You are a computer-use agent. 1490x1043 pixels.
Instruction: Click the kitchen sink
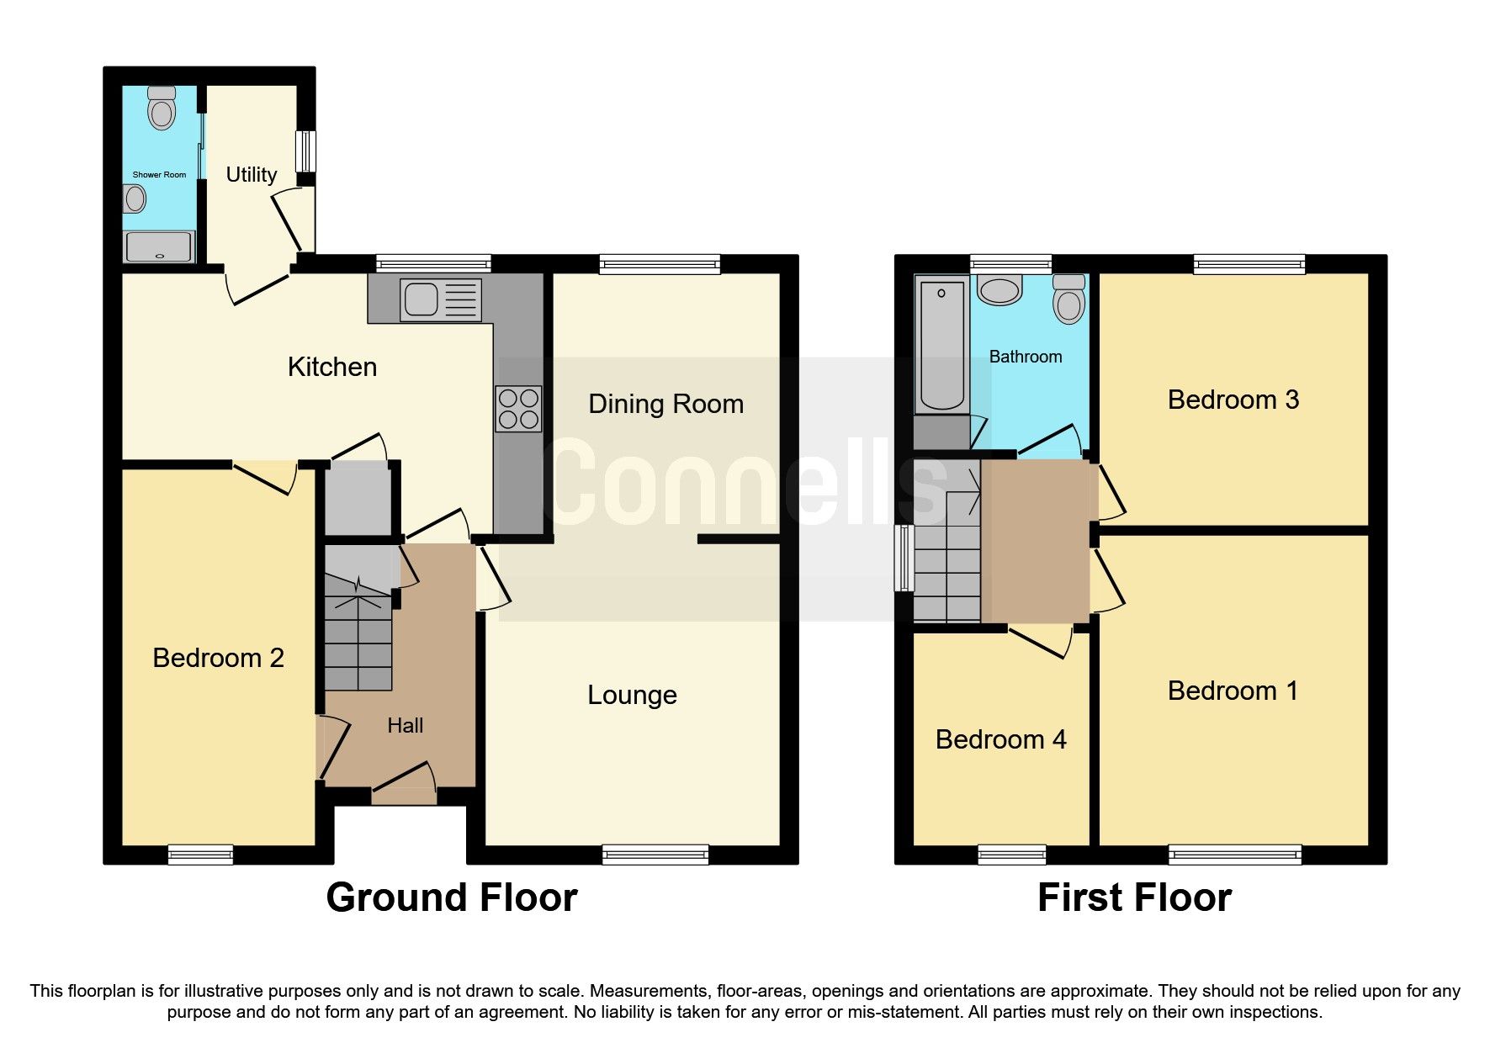tap(441, 299)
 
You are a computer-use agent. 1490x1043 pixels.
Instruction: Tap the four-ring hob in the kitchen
tap(518, 409)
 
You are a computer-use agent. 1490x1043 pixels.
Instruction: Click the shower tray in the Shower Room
tap(159, 246)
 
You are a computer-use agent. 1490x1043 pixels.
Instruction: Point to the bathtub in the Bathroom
tap(941, 346)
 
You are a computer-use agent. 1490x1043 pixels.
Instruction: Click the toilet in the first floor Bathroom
tap(1068, 299)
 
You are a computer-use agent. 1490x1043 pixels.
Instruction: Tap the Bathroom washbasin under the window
tap(999, 289)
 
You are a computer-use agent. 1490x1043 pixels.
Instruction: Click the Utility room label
tap(252, 174)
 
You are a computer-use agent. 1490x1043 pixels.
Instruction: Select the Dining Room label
tap(665, 404)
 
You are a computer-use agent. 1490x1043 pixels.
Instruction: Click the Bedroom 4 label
tap(1000, 739)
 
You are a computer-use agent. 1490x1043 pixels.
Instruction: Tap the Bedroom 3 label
tap(1233, 400)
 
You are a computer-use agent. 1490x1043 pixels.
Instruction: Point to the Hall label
tap(405, 725)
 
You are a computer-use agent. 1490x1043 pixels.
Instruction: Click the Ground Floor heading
tap(452, 897)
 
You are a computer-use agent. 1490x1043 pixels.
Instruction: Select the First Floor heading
tap(1134, 897)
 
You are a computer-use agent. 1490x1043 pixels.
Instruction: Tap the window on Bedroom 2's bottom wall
tap(200, 855)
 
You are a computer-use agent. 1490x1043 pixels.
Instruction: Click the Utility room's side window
tap(306, 151)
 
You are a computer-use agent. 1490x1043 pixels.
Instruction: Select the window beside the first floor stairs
tap(904, 558)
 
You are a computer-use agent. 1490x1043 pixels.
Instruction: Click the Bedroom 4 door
tap(1041, 639)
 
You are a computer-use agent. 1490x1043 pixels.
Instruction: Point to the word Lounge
tap(632, 695)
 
